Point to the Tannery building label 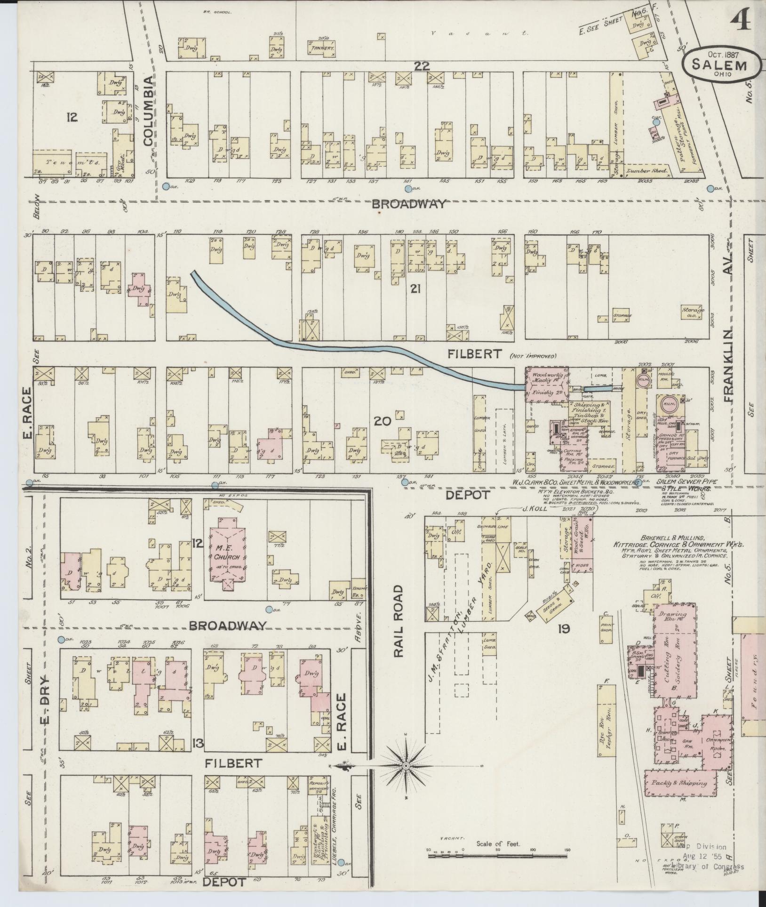tap(322, 48)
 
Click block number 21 tap(415, 289)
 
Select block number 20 tap(382, 421)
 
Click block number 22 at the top tap(422, 66)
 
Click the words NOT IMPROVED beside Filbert tap(533, 356)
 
